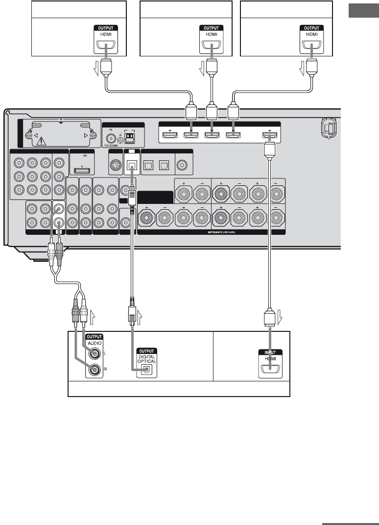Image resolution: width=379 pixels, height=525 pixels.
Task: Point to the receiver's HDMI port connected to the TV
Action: [270, 135]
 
